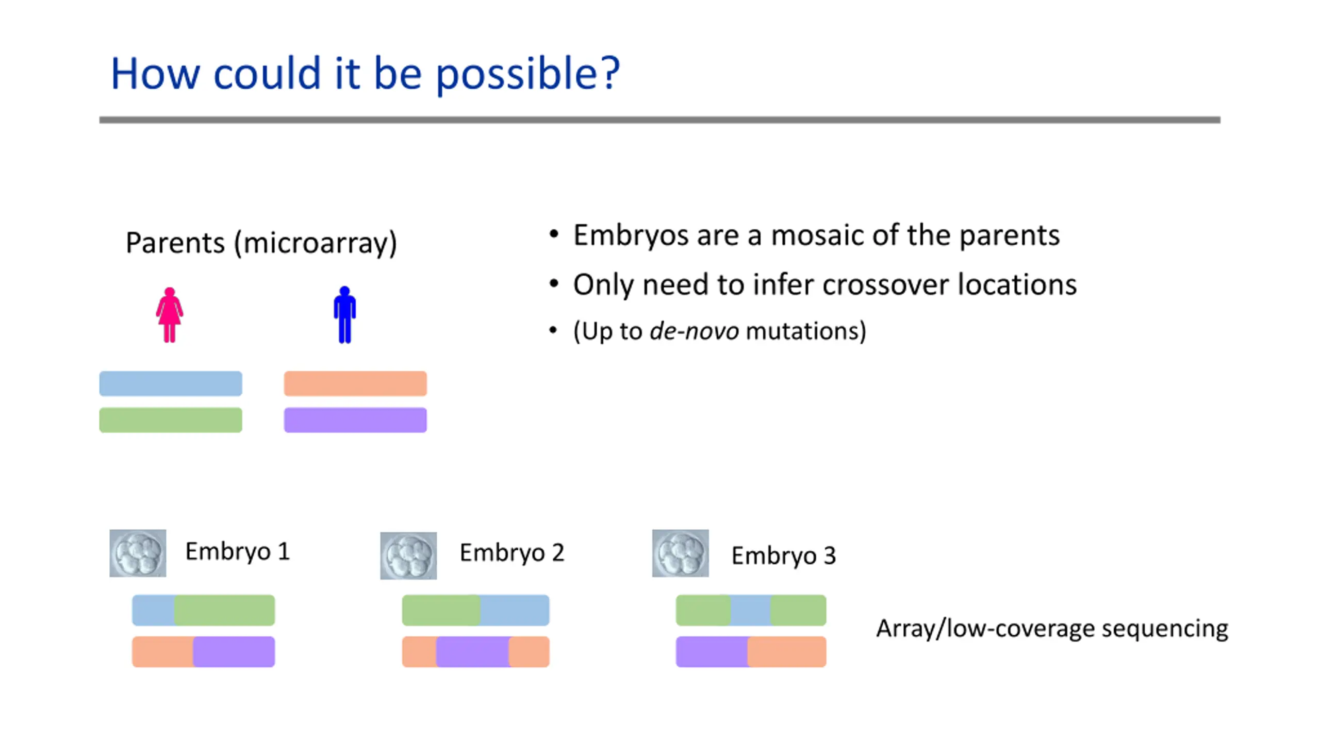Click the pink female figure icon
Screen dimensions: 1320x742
170,315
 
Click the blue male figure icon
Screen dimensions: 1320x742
345,314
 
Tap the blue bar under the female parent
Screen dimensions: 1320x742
171,383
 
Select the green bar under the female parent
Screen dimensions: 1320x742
171,420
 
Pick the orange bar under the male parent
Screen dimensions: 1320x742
355,383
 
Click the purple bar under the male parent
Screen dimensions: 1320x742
355,420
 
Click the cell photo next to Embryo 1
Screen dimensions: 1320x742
138,553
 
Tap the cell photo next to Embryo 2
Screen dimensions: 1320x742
408,555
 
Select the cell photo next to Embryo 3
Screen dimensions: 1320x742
681,553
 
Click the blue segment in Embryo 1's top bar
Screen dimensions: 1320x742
153,610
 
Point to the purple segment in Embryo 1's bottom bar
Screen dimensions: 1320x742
234,652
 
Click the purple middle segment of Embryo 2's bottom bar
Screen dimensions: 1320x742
473,652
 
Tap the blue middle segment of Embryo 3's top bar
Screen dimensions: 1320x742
751,610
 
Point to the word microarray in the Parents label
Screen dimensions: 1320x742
315,243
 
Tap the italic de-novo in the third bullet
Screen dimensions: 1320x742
694,330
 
